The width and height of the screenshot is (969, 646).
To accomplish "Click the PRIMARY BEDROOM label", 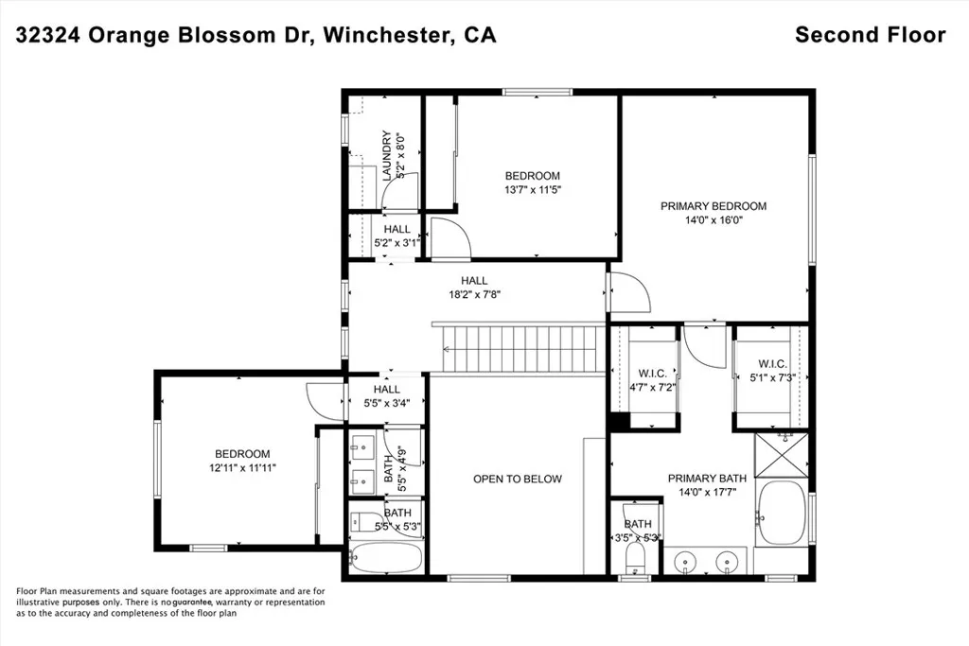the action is (x=714, y=206).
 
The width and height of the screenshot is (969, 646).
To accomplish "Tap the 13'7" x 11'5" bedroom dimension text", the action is (x=532, y=189).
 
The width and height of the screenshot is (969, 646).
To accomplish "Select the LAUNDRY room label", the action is (x=387, y=155).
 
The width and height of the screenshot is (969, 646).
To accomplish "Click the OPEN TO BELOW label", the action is (x=518, y=479).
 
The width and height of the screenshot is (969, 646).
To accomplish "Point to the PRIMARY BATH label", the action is (x=707, y=478).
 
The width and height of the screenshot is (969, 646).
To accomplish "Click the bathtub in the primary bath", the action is (x=782, y=513).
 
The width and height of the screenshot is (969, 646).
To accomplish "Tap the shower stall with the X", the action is (x=782, y=455).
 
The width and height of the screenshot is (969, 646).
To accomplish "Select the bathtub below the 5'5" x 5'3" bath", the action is (x=386, y=558).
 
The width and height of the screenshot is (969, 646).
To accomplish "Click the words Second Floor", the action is (x=871, y=35).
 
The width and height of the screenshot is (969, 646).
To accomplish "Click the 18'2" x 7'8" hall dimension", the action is (x=474, y=294).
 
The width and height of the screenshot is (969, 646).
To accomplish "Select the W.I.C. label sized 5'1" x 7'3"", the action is (x=772, y=364).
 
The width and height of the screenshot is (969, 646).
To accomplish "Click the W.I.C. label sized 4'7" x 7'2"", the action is (x=653, y=373).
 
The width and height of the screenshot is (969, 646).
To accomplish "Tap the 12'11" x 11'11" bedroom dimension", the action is (x=242, y=467).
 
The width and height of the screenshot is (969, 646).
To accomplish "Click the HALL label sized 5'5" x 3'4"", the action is (x=386, y=389).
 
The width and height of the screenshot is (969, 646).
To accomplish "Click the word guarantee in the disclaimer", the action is (x=192, y=602).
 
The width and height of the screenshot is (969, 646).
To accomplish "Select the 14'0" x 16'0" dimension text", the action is (x=714, y=219).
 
